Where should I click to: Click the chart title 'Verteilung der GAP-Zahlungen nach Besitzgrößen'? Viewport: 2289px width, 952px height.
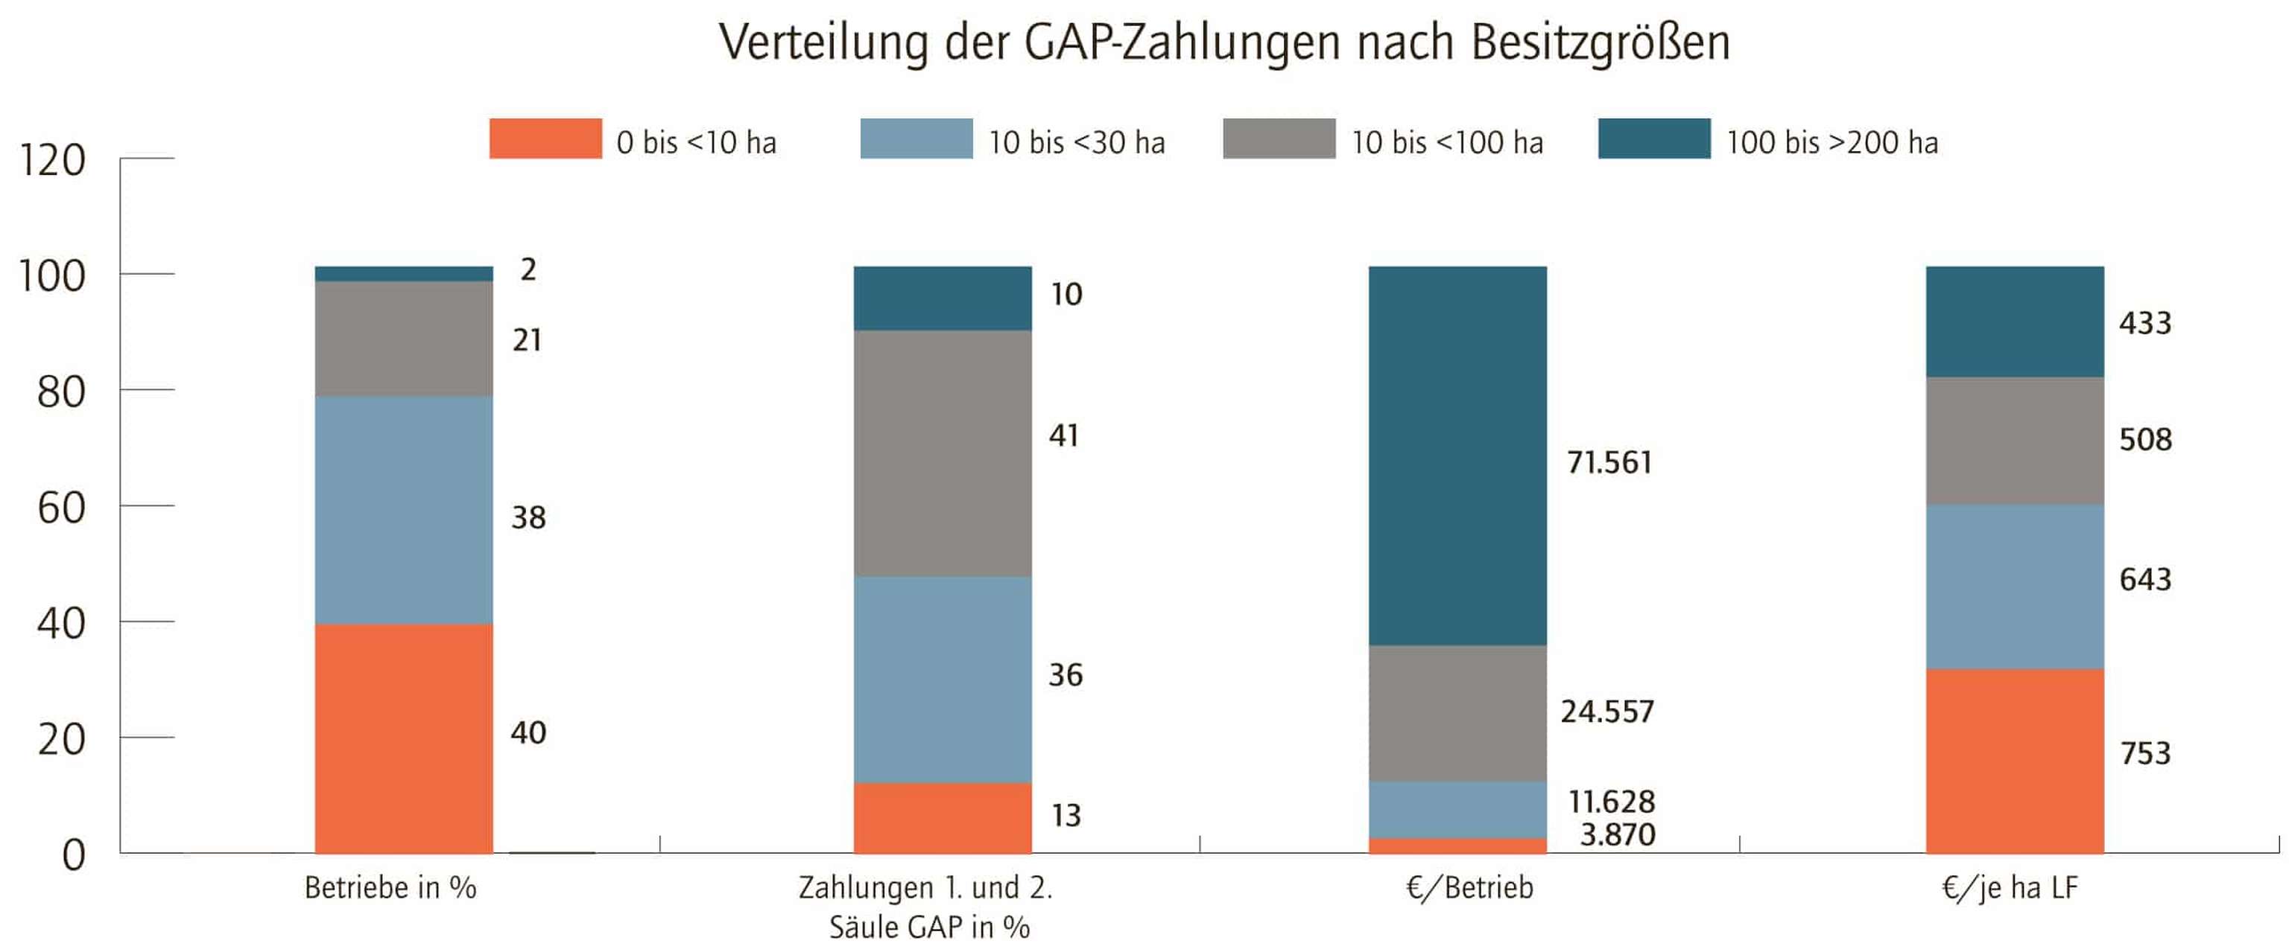(1223, 42)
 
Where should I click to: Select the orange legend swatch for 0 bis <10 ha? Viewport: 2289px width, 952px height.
(545, 139)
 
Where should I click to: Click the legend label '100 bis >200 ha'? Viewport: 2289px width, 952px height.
(1831, 142)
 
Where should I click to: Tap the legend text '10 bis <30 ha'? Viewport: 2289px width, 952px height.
(1076, 142)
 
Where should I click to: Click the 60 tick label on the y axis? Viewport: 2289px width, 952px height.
(60, 508)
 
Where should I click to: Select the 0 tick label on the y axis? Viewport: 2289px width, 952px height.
(73, 854)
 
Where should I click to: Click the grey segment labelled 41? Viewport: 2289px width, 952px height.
(942, 453)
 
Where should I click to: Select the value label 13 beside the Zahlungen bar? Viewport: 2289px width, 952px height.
(1066, 815)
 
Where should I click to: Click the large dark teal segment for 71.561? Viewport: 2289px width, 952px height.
(1457, 455)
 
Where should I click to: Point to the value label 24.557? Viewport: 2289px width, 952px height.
(1606, 712)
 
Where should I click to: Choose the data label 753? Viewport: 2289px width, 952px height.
(2144, 753)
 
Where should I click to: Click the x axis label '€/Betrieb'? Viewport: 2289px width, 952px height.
(1469, 887)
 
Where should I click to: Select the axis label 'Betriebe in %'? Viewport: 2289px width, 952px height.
(390, 887)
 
